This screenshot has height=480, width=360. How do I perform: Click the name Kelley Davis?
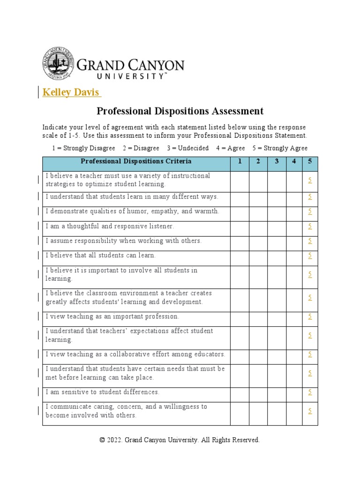[x=71, y=92]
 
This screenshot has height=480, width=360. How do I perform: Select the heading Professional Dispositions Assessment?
[x=180, y=111]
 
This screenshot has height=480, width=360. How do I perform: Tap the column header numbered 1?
[x=240, y=162]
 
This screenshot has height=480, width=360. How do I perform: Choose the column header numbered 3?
[x=277, y=162]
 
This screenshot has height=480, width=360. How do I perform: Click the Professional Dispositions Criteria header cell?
[x=136, y=162]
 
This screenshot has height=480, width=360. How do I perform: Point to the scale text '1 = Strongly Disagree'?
[x=83, y=148]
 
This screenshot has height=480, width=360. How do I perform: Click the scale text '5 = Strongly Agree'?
[x=280, y=148]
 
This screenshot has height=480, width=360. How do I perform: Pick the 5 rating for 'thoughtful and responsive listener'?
[x=310, y=226]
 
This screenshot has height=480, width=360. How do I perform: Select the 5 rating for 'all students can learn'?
[x=310, y=255]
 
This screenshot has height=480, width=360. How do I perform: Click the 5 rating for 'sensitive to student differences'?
[x=310, y=392]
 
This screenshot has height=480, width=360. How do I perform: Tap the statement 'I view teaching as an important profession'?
[x=112, y=316]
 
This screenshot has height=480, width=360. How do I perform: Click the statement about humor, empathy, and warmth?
[x=132, y=211]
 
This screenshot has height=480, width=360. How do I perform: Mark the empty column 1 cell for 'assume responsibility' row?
[x=240, y=241]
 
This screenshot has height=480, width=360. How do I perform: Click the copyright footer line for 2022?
[x=180, y=440]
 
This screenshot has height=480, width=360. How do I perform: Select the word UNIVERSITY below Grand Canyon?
[x=130, y=76]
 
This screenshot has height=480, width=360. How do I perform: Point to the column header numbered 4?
[x=294, y=162]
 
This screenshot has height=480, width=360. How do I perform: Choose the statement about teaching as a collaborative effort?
[x=135, y=354]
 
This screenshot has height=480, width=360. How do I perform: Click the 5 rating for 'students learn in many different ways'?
[x=310, y=197]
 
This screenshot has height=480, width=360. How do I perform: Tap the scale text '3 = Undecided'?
[x=187, y=148]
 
